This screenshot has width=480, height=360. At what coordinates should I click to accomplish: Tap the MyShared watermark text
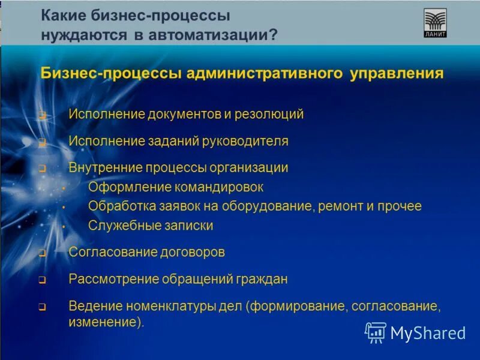pos(428,332)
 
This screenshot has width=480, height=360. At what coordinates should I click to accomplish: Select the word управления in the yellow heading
pos(394,74)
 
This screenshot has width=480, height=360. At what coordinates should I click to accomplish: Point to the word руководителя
pos(248,142)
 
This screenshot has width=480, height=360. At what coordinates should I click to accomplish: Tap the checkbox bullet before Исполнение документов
pos(42,115)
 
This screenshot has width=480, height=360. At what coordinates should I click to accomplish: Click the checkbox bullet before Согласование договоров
pos(42,253)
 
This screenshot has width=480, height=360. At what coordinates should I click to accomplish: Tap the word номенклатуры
pos(170,307)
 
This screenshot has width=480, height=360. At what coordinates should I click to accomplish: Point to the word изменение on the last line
pos(106,322)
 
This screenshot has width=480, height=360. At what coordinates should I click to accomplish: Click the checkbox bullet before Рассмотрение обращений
pos(42,280)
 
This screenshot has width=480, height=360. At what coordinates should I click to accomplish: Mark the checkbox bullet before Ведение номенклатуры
pos(42,307)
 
